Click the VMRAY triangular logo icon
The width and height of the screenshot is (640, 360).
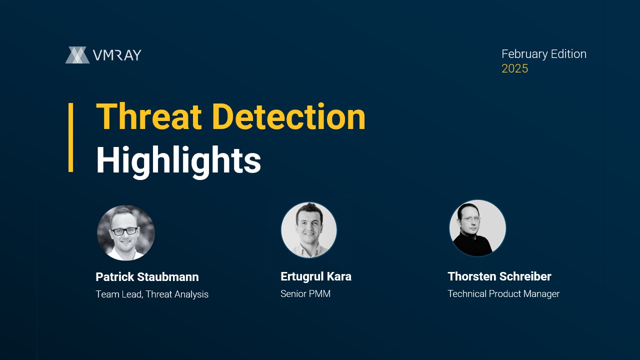click(x=77, y=55)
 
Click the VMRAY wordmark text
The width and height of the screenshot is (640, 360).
click(x=117, y=55)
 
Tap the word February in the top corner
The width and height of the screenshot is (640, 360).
click(x=524, y=54)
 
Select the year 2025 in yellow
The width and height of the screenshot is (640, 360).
click(x=515, y=68)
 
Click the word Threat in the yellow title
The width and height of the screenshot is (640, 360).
click(x=149, y=116)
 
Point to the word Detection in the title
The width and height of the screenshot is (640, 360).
click(x=288, y=116)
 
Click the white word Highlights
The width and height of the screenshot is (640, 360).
click(x=178, y=161)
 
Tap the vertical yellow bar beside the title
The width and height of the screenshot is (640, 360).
click(x=70, y=137)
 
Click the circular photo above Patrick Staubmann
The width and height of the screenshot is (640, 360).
click(x=126, y=232)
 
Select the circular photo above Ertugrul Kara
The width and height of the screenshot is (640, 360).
click(x=309, y=230)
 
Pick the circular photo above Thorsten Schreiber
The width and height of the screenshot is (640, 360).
click(x=477, y=228)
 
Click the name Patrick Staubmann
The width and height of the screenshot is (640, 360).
click(x=147, y=277)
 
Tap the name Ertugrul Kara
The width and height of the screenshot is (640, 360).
click(x=316, y=276)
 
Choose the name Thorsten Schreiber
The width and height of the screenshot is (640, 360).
click(x=499, y=276)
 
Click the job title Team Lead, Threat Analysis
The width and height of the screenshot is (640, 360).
click(x=152, y=294)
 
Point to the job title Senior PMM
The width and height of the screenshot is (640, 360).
click(x=305, y=293)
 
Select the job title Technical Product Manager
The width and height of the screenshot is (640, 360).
click(x=503, y=294)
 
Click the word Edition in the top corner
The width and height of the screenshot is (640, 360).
click(x=568, y=54)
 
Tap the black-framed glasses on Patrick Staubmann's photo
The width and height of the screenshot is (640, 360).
click(x=124, y=231)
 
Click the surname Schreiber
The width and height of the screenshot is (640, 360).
click(x=525, y=276)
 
